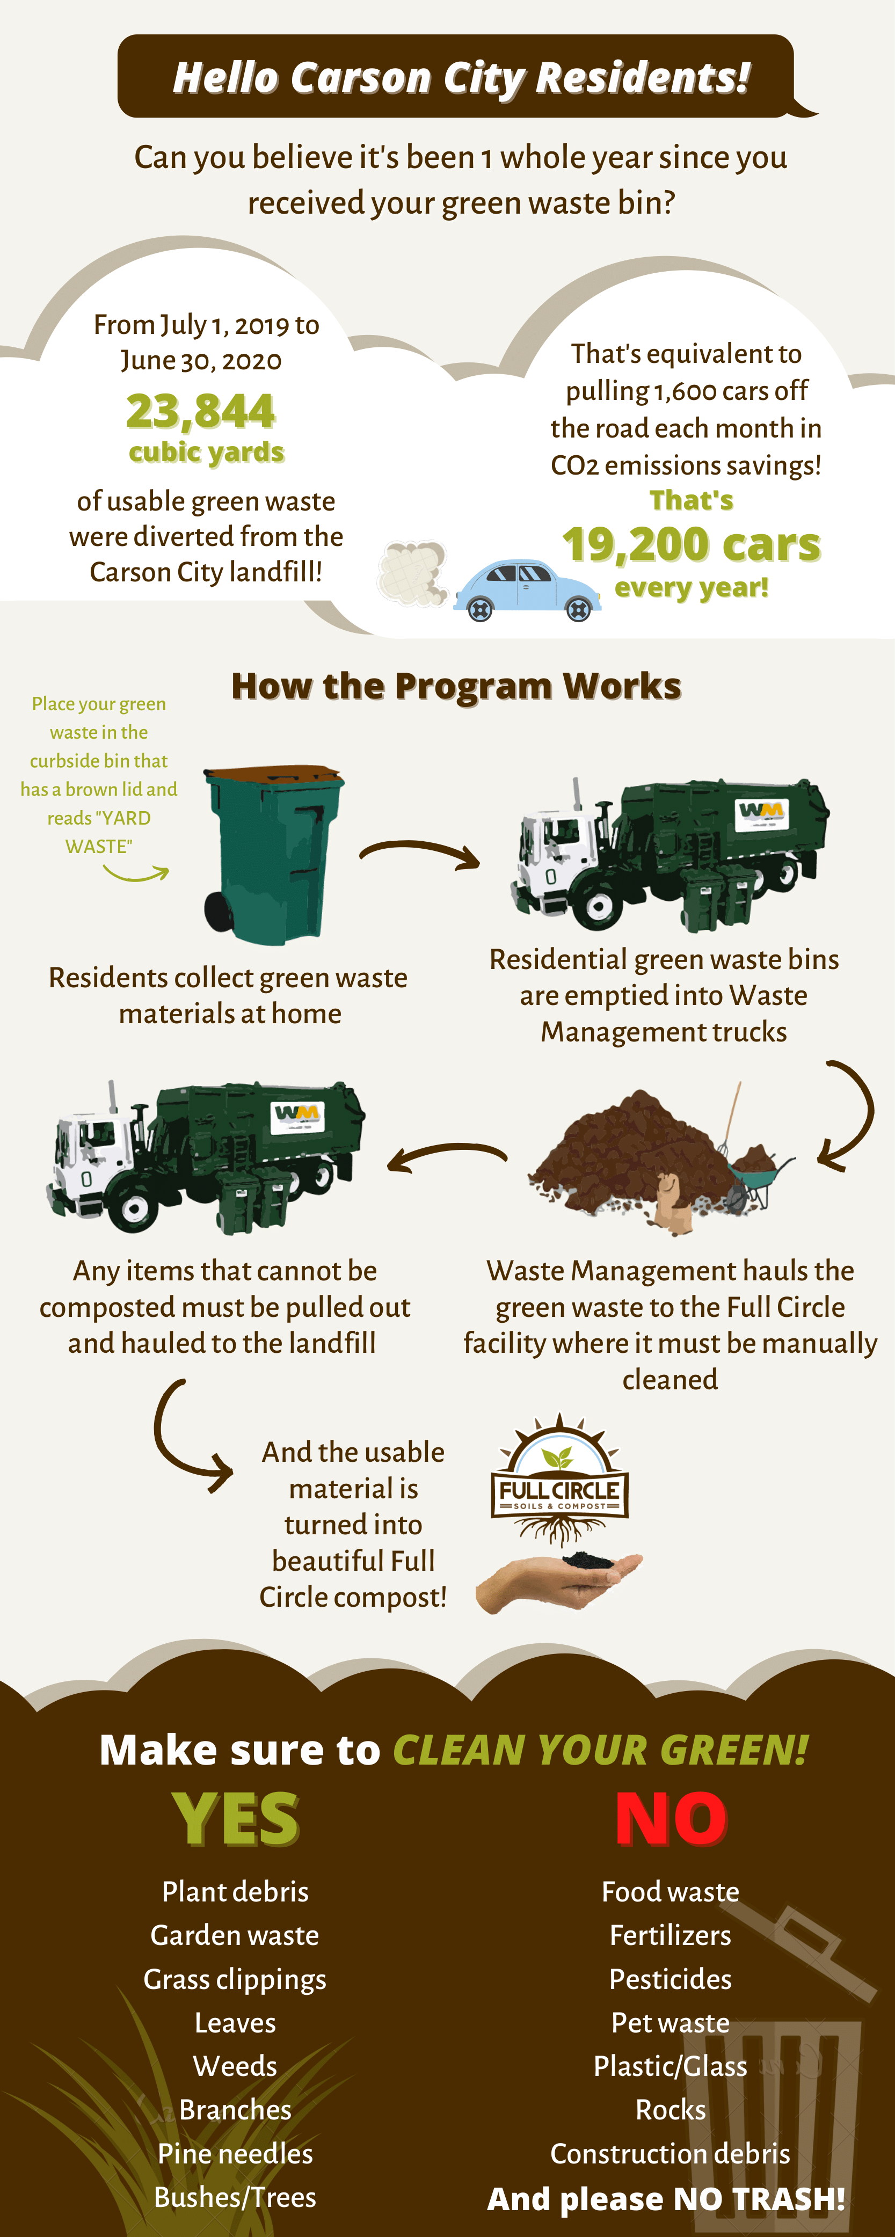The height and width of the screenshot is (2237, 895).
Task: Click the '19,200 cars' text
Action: pyautogui.click(x=691, y=544)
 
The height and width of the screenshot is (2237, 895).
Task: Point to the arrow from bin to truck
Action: pyautogui.click(x=420, y=853)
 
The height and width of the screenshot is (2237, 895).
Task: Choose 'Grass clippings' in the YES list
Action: pyautogui.click(x=235, y=1979)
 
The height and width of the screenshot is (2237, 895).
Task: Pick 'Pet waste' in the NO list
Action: pyautogui.click(x=670, y=2022)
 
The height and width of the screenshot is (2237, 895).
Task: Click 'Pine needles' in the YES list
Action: pyautogui.click(x=235, y=2154)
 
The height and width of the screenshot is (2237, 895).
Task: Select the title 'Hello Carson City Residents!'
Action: pyautogui.click(x=460, y=77)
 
